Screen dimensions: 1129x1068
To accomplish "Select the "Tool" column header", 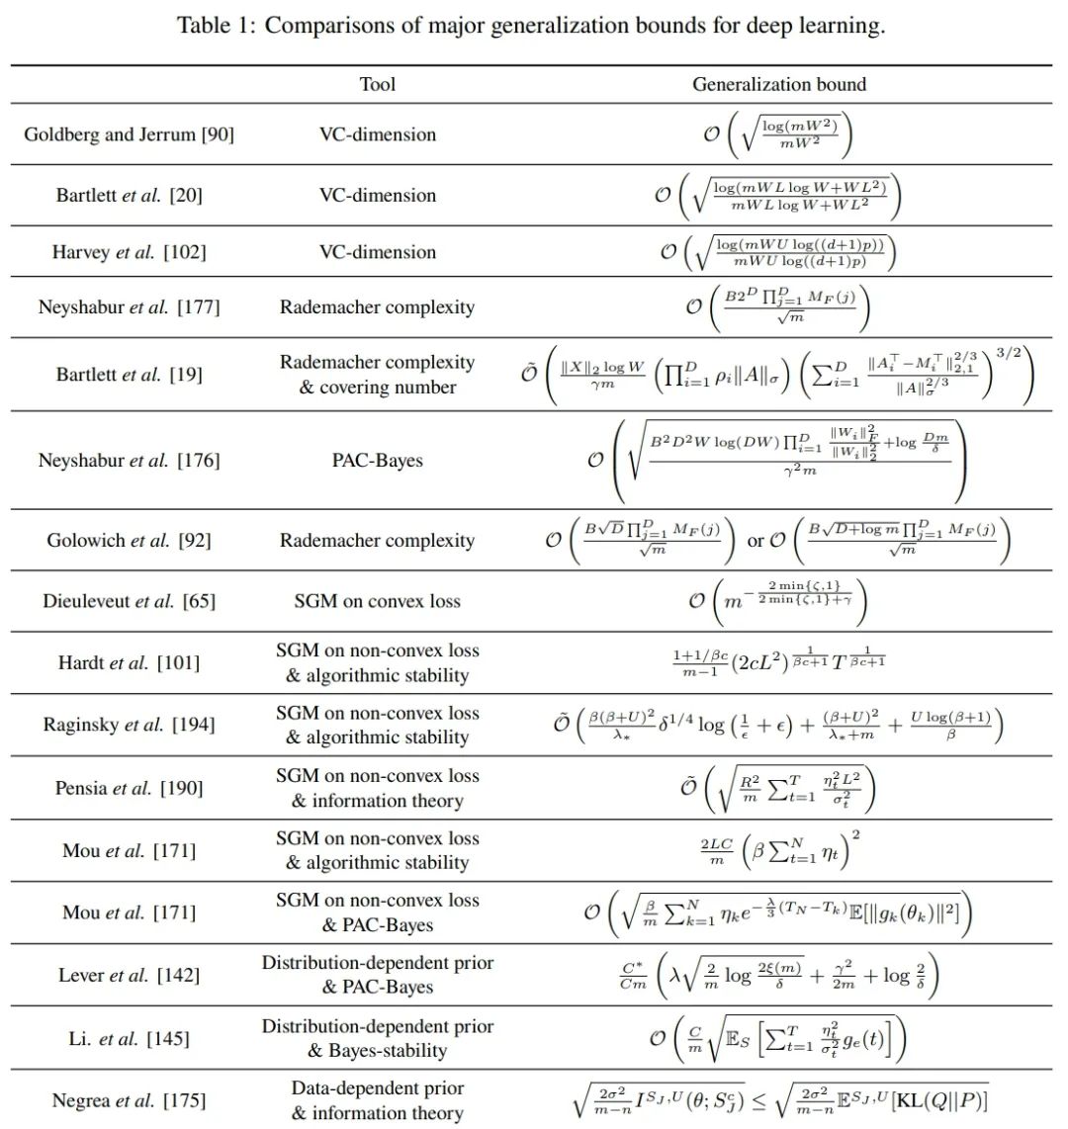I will coord(378,84).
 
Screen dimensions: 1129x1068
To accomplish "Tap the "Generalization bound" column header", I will coord(779,84).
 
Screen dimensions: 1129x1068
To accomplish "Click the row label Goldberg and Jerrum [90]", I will coord(129,134).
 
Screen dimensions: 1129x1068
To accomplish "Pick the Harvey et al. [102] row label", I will coord(129,252).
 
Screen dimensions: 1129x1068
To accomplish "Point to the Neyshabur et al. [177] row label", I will coord(129,306).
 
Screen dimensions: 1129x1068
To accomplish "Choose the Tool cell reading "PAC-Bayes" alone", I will coord(378,460).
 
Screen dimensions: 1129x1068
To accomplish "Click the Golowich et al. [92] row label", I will coord(129,540).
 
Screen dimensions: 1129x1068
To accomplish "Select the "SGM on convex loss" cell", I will coord(378,601).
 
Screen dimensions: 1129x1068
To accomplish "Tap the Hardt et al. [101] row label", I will coord(129,662).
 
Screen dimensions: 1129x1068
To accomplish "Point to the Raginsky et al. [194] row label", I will coord(129,725).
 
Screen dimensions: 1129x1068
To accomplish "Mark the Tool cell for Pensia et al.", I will coord(378,788).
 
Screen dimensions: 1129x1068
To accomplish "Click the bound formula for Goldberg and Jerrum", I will coord(779,134).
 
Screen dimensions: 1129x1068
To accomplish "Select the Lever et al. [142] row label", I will coord(129,975).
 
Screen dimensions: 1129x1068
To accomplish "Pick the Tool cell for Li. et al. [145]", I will coord(378,1038).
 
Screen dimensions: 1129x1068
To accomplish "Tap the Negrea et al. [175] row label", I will coord(129,1100).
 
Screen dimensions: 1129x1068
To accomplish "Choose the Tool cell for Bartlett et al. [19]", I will coord(378,375).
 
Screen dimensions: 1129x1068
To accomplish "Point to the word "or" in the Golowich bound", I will coord(756,541).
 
